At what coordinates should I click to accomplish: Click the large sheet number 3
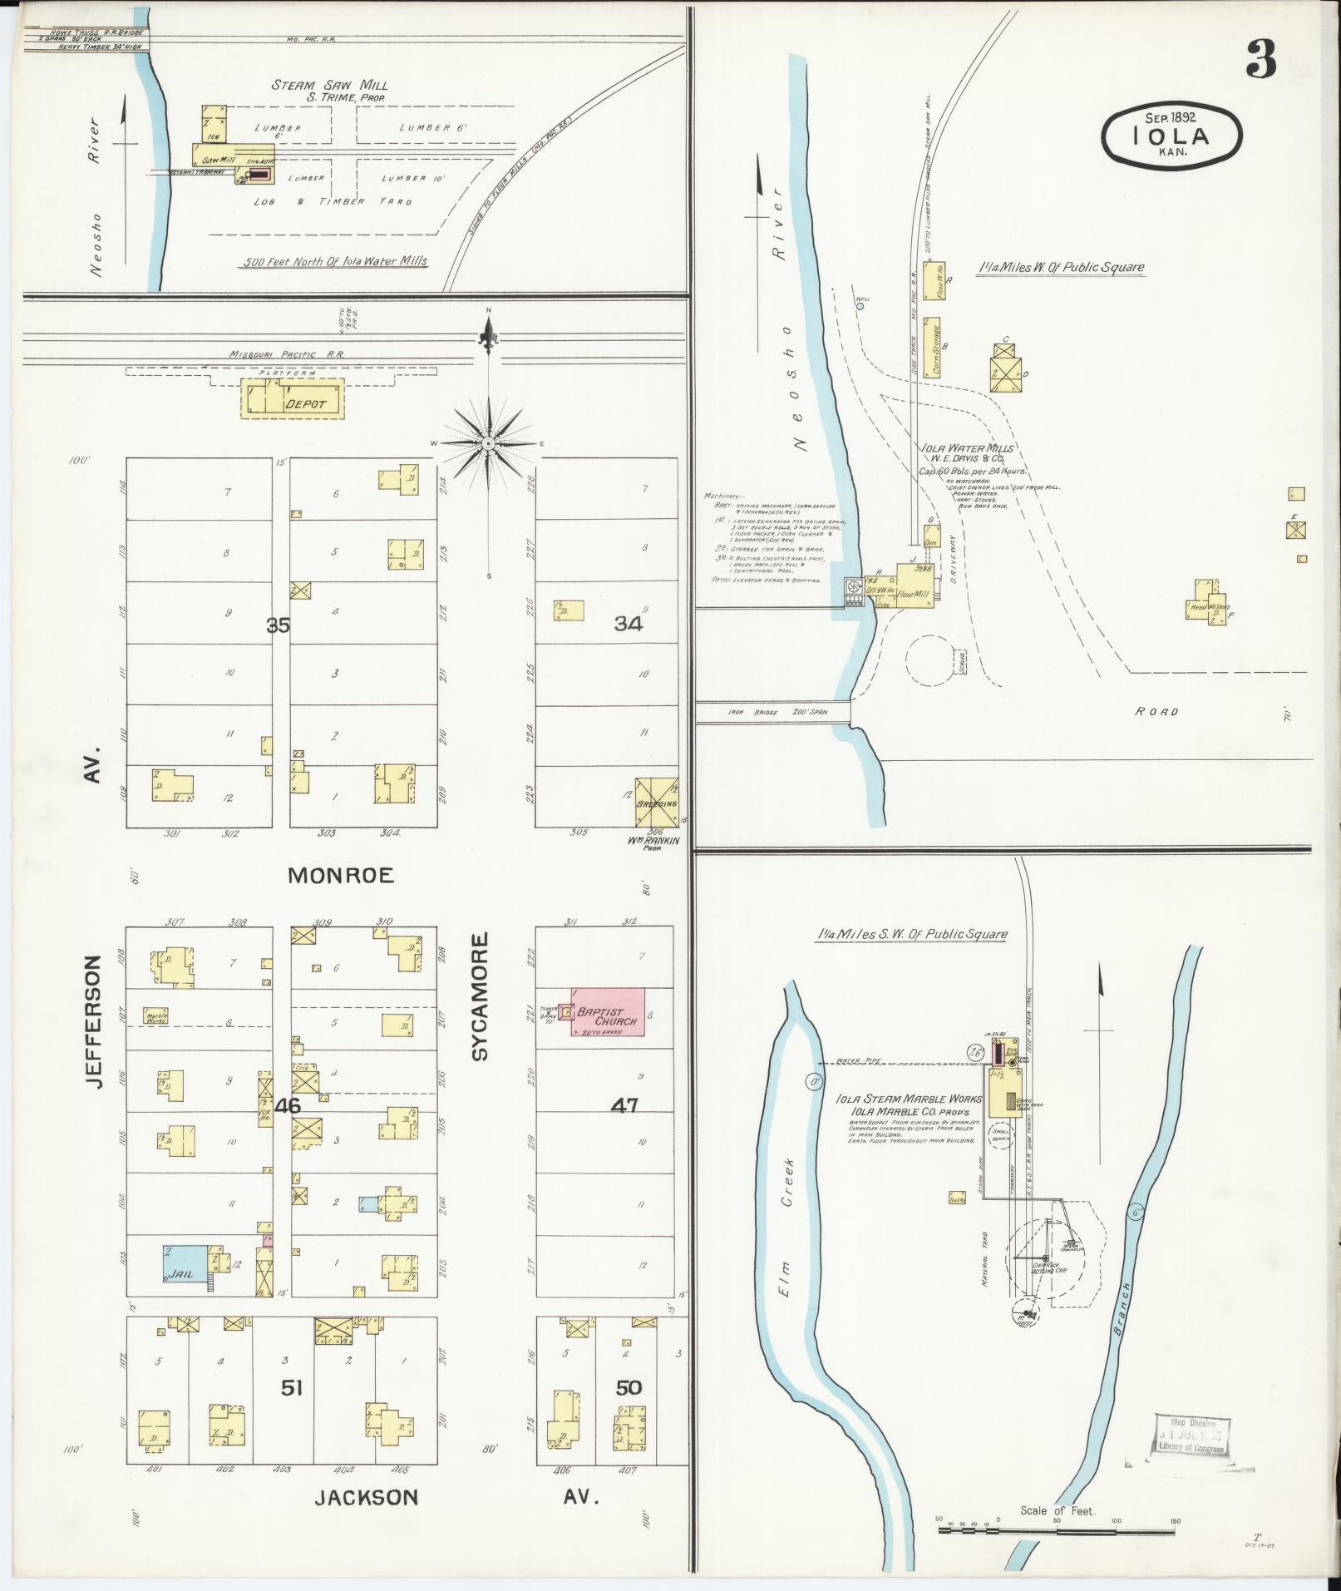1260,60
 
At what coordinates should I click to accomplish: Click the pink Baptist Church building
608,1012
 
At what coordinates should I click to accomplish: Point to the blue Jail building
185,1267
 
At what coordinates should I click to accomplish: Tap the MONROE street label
341,875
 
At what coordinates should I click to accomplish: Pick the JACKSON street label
366,1498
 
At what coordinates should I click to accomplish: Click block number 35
278,625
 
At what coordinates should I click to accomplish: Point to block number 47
624,1105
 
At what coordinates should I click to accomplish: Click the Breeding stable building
657,803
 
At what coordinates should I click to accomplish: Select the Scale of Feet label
1058,1510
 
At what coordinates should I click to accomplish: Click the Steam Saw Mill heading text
330,85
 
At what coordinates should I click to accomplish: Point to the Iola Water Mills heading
968,448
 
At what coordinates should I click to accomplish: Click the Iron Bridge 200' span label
777,712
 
